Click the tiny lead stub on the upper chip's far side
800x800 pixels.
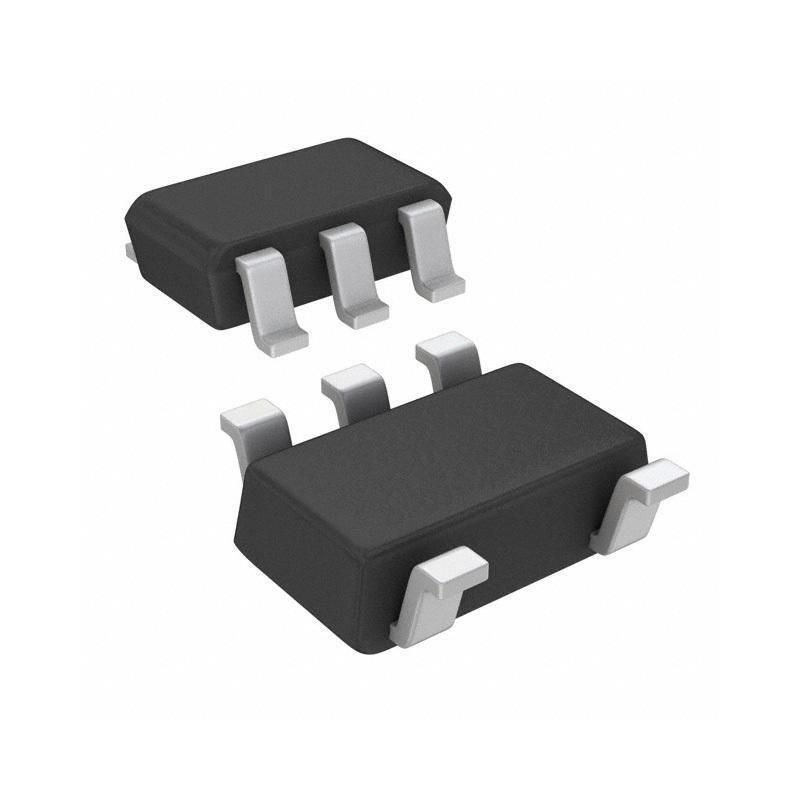click(130, 249)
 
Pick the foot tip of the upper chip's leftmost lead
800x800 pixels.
click(283, 339)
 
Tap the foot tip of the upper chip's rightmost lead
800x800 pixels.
click(441, 291)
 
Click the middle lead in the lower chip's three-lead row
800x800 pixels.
click(355, 385)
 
